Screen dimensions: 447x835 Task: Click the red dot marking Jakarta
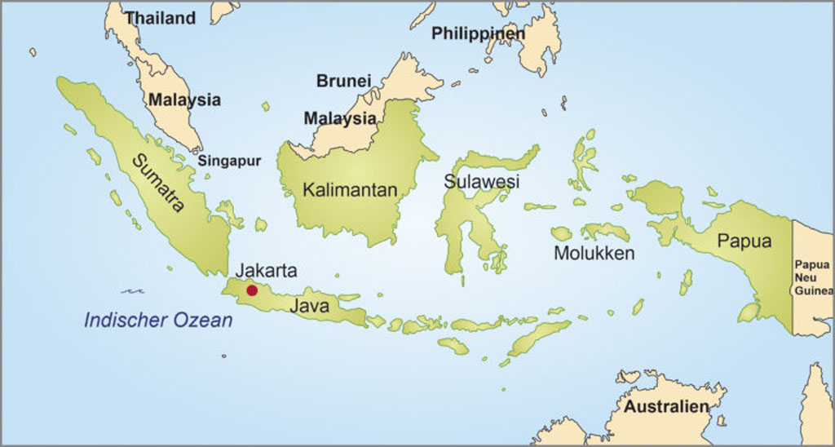point(252,290)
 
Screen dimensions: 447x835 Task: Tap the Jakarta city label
point(266,271)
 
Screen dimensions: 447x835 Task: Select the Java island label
point(309,307)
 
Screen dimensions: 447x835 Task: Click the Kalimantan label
point(350,190)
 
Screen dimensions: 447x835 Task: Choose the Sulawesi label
point(481,181)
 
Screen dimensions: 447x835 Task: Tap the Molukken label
point(594,254)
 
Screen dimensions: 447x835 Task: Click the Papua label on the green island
point(744,241)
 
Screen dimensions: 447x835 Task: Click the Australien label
point(667,406)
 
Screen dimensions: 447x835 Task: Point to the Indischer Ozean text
point(158,321)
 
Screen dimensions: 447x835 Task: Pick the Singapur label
point(229,161)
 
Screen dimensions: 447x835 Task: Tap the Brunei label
point(343,81)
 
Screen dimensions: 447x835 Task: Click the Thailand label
point(161,17)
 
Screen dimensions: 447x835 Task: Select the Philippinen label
point(478,33)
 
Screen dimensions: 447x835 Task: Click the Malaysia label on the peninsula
point(184,100)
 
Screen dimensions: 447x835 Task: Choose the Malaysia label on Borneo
point(340,118)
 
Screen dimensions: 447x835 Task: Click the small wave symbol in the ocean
point(132,290)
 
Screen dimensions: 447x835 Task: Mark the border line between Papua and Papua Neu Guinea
point(792,269)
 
